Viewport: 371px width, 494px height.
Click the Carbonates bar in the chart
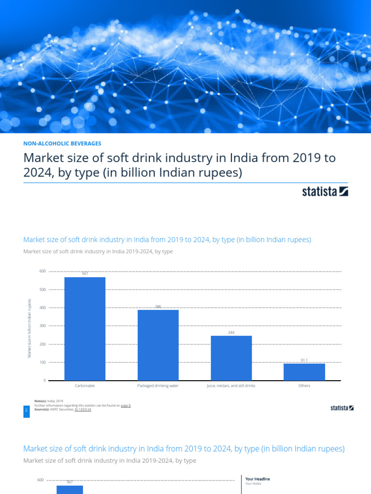point(85,328)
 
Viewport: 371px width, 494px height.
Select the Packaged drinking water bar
point(158,344)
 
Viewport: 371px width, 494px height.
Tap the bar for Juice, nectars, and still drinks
point(231,358)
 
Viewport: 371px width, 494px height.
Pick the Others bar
point(304,371)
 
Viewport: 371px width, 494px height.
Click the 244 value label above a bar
point(231,332)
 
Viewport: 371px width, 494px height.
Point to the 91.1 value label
point(304,360)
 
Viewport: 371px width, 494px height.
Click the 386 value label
point(158,306)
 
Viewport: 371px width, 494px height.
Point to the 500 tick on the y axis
point(43,289)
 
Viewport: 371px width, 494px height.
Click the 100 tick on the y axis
point(43,362)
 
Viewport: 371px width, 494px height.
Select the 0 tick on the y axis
point(44,381)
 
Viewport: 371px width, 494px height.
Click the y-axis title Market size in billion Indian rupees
point(29,328)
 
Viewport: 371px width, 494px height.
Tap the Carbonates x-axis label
point(85,386)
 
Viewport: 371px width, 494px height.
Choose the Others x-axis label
point(304,386)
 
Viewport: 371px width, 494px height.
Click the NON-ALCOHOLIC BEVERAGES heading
point(62,143)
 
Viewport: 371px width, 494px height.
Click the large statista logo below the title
point(325,192)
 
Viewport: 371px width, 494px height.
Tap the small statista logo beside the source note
point(342,408)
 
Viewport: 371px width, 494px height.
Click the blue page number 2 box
point(26,410)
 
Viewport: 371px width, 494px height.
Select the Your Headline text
point(257,479)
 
